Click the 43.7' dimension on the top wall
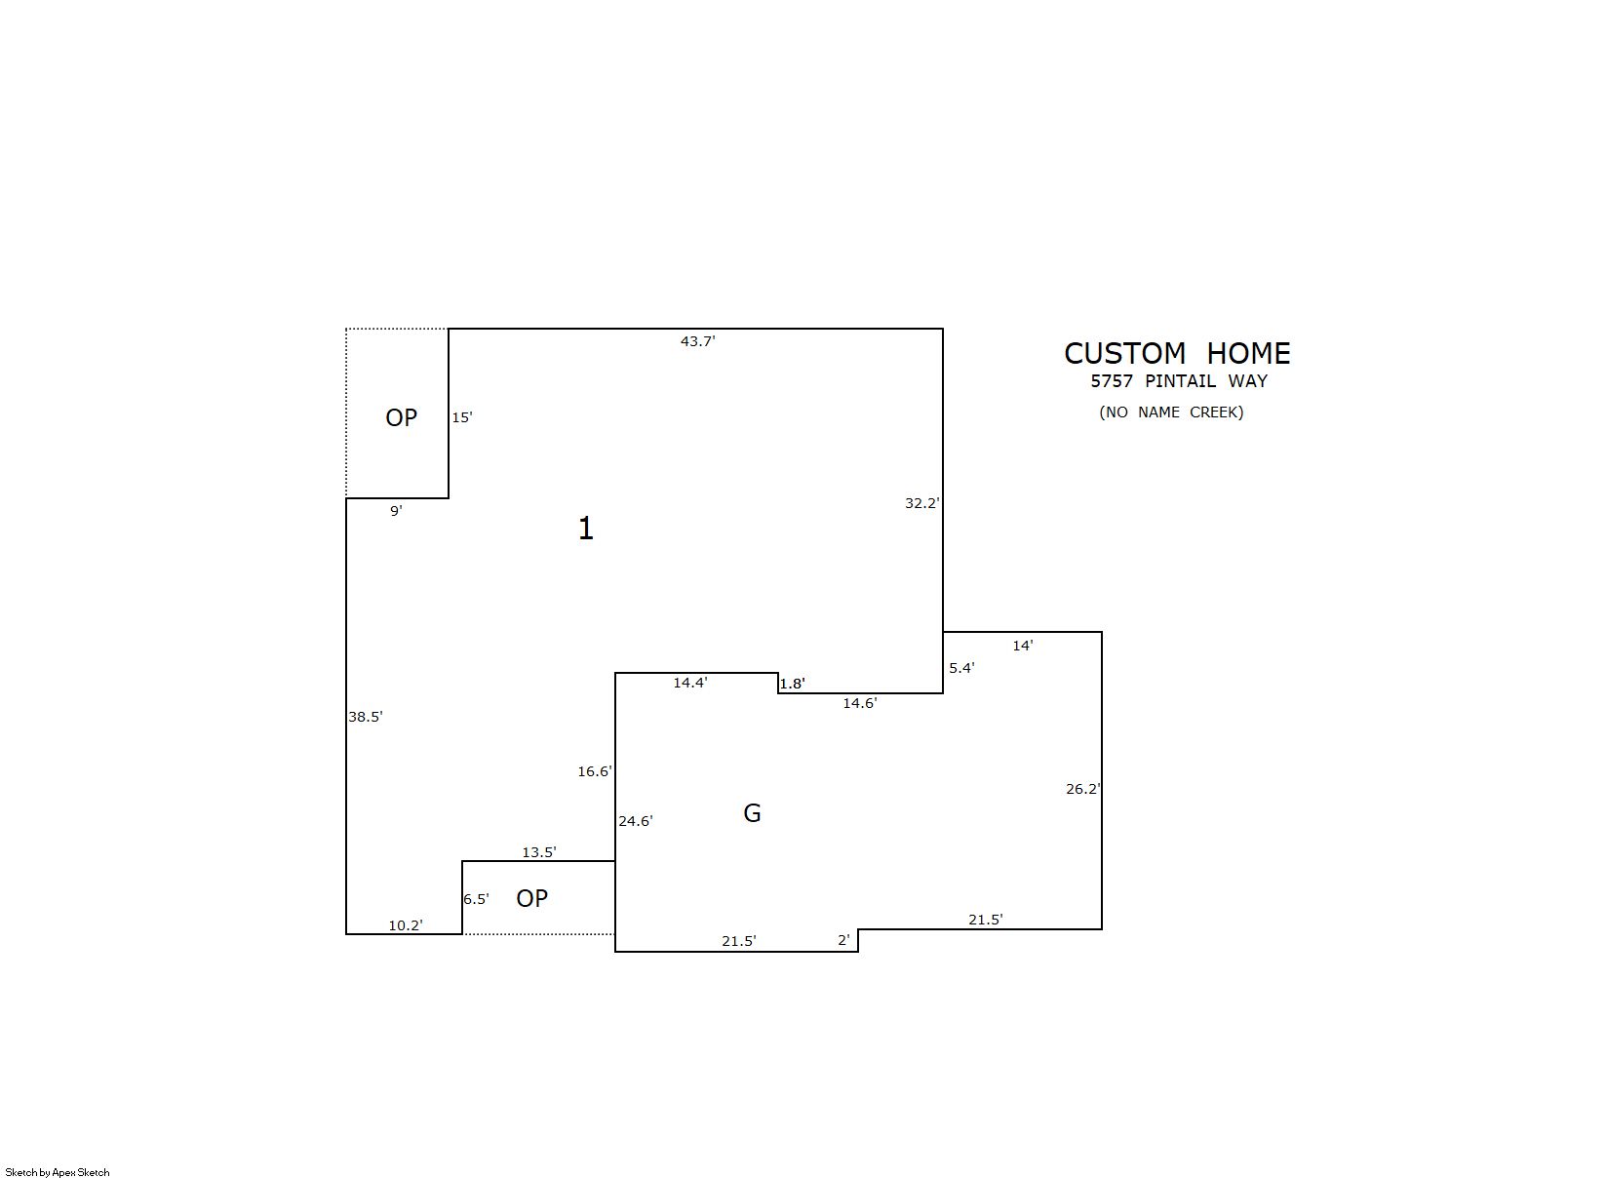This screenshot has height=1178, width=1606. (x=697, y=341)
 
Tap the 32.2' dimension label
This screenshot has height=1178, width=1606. (x=922, y=503)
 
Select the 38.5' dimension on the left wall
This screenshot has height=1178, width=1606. (x=366, y=717)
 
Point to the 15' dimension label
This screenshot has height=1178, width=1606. (x=462, y=417)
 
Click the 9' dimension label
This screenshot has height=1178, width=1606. (x=397, y=510)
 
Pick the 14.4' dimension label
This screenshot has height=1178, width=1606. (x=690, y=683)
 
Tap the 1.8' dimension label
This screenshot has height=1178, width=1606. (x=792, y=684)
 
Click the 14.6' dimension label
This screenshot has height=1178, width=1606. (x=860, y=703)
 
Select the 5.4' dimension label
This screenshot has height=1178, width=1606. (x=962, y=668)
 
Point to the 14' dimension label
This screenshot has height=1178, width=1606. (x=1023, y=646)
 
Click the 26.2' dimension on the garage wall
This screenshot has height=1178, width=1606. (x=1083, y=789)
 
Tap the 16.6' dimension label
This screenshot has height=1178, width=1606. (x=595, y=771)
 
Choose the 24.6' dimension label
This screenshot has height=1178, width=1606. (x=636, y=821)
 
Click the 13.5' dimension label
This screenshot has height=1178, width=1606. (x=539, y=852)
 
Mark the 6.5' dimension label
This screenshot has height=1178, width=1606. (x=476, y=899)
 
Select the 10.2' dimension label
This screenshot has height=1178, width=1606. (x=406, y=925)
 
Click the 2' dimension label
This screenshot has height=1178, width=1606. (x=843, y=940)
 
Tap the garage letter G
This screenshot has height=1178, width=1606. (x=752, y=813)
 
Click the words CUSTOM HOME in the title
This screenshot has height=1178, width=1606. (x=1177, y=353)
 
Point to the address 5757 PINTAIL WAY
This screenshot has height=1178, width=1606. (x=1180, y=381)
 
